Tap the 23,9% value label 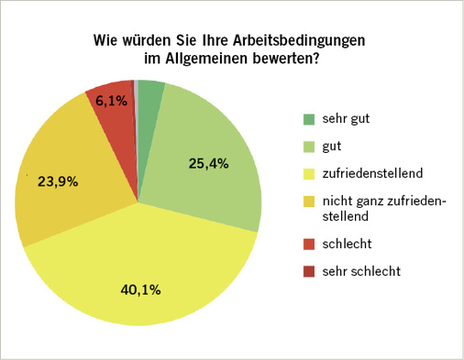(58, 181)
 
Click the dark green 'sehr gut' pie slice (150, 94)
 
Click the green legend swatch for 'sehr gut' (309, 119)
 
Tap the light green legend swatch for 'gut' (309, 145)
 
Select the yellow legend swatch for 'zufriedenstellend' (309, 170)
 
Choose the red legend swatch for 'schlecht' (309, 246)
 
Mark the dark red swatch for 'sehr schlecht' (309, 272)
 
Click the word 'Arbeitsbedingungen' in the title (298, 42)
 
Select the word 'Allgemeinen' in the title (206, 60)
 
